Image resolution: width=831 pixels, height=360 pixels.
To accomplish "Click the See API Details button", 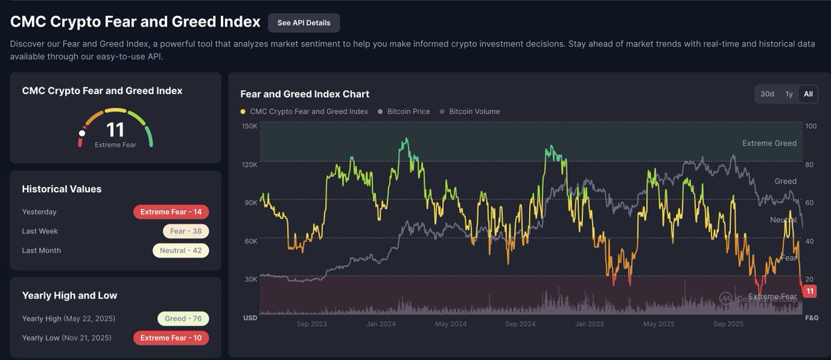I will tap(303, 23).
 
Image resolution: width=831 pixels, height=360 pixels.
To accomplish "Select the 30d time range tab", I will tap(767, 94).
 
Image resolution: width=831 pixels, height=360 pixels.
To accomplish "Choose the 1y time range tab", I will tap(789, 94).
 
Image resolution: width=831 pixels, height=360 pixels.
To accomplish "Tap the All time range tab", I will tap(808, 94).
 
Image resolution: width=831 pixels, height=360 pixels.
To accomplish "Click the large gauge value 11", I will tap(115, 129).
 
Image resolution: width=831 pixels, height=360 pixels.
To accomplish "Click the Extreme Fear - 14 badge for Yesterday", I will tap(171, 212).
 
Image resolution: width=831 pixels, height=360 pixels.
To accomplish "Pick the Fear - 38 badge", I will tap(186, 231).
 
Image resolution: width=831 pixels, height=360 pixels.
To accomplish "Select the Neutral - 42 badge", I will tap(181, 251).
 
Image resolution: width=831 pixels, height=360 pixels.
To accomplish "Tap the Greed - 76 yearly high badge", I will tap(183, 318).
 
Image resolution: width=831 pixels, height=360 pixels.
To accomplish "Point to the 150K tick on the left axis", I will tap(249, 126).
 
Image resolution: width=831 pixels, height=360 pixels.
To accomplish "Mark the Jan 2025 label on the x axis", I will tap(589, 323).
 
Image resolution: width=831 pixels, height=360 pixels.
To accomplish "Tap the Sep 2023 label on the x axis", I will tap(312, 323).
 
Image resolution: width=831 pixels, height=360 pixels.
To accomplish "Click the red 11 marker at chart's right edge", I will tap(810, 291).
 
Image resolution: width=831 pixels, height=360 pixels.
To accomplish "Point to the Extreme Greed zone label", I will tap(769, 143).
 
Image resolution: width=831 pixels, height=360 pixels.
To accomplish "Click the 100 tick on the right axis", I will tap(812, 126).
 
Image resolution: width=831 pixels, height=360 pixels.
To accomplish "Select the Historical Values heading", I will tap(62, 189).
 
